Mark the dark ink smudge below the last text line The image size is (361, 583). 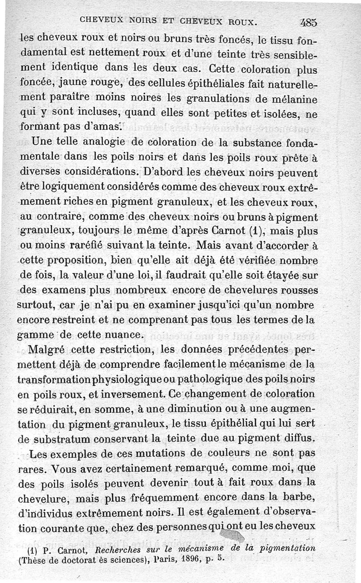tap(234, 536)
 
